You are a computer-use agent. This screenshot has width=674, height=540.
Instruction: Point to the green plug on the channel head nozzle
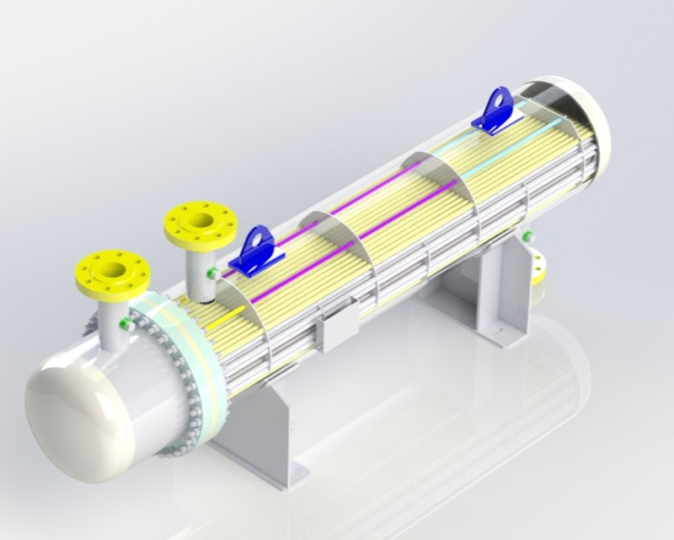(126, 323)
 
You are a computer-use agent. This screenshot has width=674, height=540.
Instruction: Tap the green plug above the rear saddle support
(528, 237)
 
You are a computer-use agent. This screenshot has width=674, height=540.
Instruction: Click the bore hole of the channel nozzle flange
(114, 272)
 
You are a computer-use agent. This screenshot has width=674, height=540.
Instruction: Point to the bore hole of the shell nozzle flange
(201, 221)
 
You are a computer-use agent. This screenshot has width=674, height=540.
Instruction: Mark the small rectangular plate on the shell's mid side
(340, 328)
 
